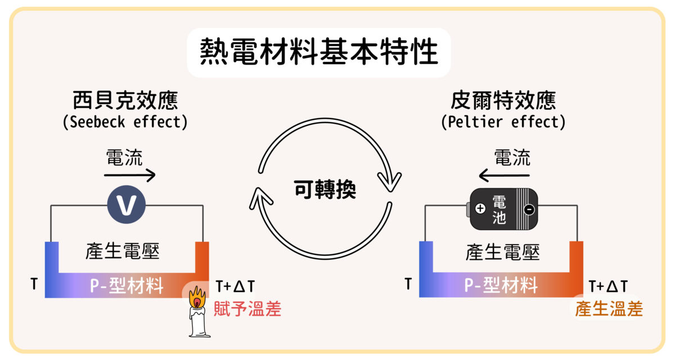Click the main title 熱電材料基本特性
coord(319,52)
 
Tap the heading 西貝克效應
coord(125,100)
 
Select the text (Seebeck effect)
coord(125,122)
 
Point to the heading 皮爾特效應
coord(503,100)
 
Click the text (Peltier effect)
coord(503,122)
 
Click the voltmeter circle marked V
coord(127,205)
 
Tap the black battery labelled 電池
coord(502,209)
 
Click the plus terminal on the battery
coord(480,209)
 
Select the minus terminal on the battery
coord(529,209)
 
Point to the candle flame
coord(197,298)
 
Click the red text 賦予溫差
coord(247,309)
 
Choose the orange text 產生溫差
coord(609,309)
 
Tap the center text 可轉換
coord(325,189)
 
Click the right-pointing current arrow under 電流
coord(129,175)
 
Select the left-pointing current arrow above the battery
coord(504,175)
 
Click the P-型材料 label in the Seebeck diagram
coord(127,286)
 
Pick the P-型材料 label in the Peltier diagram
coord(501,285)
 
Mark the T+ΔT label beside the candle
coord(235,286)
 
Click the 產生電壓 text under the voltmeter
coord(123,251)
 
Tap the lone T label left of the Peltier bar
coord(408,284)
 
